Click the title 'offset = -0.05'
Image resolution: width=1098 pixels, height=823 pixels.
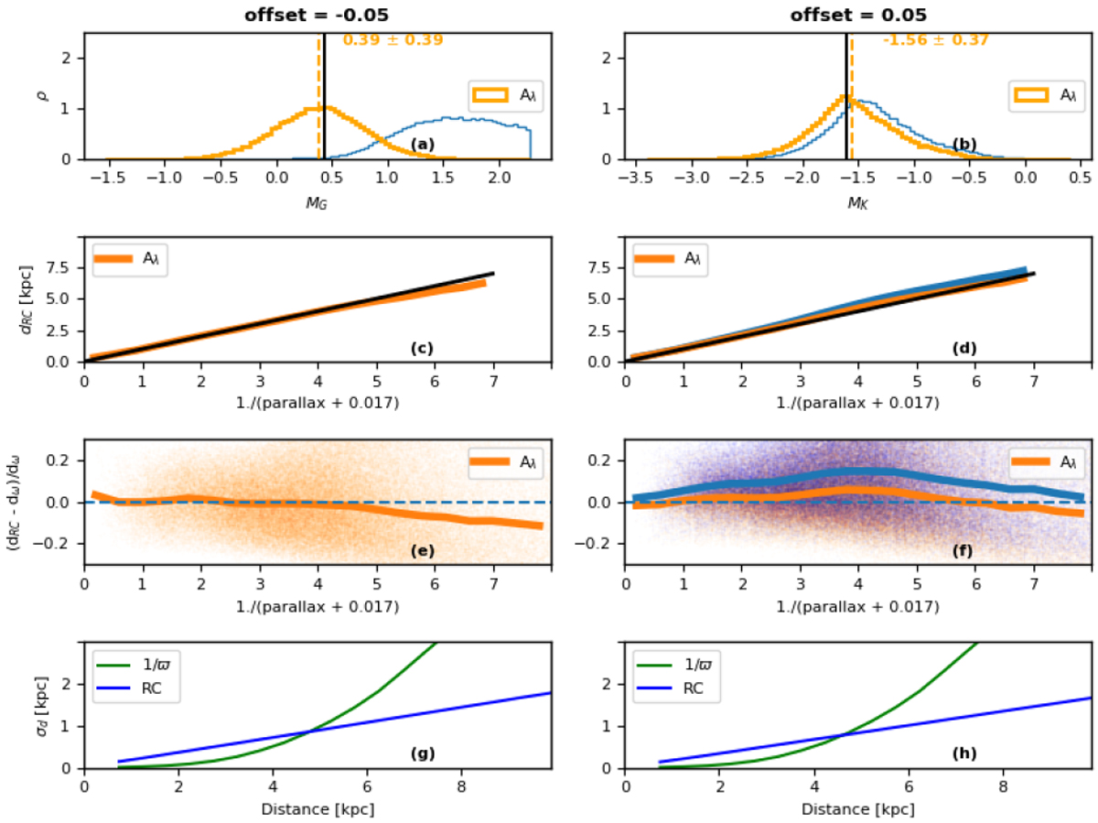click(x=317, y=15)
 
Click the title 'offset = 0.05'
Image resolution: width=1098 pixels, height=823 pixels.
click(x=858, y=15)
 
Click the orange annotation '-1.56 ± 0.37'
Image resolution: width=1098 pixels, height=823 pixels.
click(x=935, y=40)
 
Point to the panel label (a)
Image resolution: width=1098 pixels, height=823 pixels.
click(x=422, y=144)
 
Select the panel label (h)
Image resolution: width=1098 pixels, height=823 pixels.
click(x=963, y=753)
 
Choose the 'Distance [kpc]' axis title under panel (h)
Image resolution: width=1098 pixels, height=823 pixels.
click(x=858, y=809)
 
